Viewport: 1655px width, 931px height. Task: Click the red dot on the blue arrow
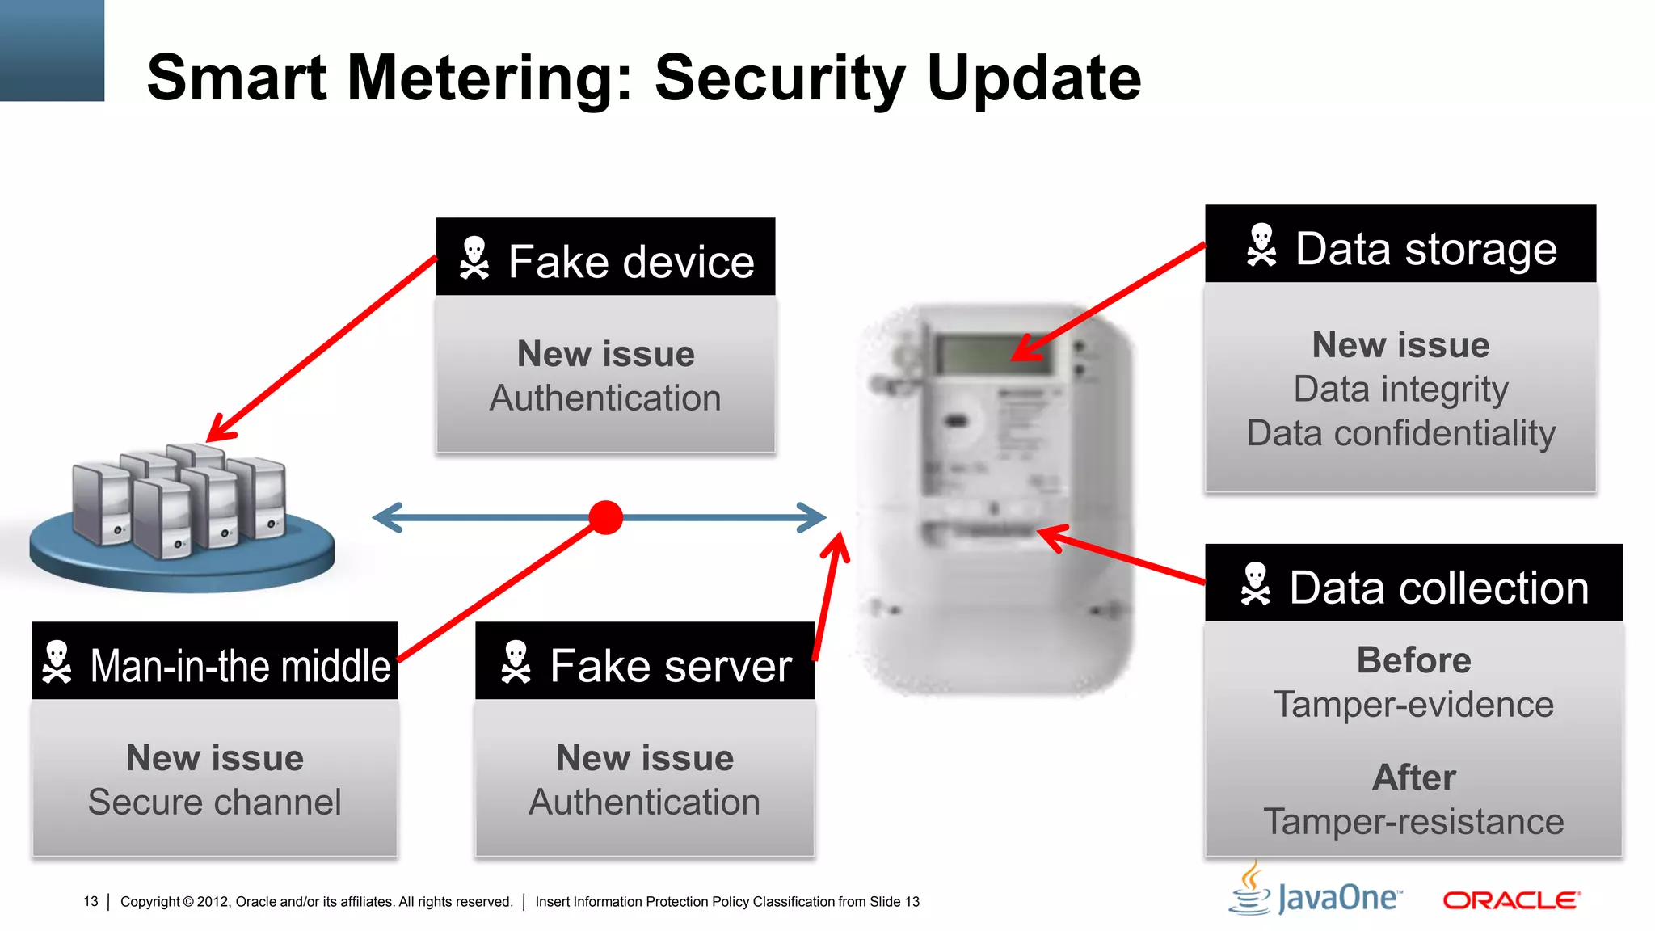605,517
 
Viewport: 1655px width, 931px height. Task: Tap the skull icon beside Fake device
474,259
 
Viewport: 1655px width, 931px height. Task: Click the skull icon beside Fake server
516,663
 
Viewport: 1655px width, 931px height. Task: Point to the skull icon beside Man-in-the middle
57,663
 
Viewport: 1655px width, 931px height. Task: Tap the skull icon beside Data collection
1256,584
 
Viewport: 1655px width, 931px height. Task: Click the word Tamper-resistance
1413,822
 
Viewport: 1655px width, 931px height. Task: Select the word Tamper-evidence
1413,705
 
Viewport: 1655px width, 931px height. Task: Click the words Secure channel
214,803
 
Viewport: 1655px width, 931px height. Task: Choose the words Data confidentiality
1400,434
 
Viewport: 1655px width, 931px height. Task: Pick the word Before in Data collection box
1413,660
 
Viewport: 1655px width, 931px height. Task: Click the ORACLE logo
1511,899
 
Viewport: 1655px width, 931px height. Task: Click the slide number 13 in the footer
91,901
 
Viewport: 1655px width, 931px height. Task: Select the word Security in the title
781,78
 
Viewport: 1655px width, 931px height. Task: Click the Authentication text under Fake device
605,398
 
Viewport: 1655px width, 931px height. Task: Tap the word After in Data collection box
1413,777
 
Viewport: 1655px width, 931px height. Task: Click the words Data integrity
1400,390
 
